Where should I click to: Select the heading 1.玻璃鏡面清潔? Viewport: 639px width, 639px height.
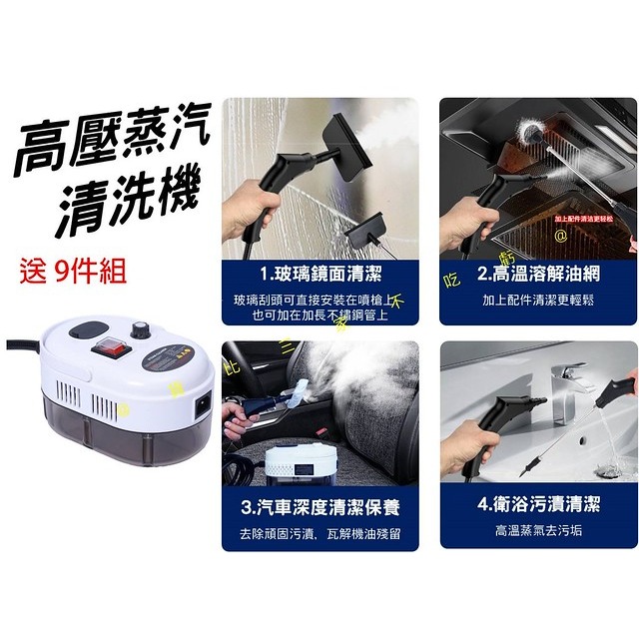click(319, 274)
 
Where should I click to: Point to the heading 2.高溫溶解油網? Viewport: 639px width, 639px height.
click(539, 274)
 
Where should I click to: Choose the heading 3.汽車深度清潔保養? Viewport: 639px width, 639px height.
click(319, 508)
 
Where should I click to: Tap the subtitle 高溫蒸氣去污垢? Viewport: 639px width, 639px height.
click(539, 529)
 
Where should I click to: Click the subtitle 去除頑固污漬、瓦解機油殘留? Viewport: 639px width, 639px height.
click(319, 534)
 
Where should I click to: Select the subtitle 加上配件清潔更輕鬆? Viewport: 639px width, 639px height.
click(539, 299)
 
